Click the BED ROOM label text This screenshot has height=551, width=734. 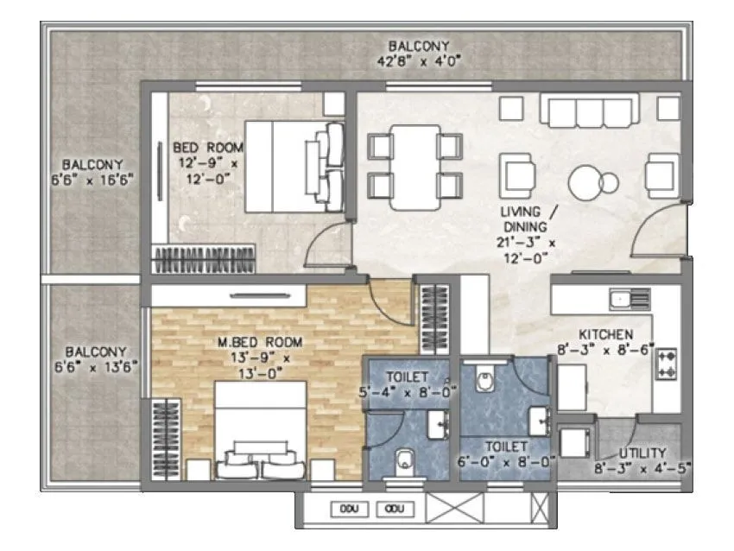click(x=207, y=147)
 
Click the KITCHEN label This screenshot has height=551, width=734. click(x=605, y=334)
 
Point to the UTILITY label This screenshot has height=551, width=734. click(x=642, y=453)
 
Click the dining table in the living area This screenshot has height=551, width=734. click(x=414, y=166)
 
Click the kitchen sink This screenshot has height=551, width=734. click(x=629, y=300)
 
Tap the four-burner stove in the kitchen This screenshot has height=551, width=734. click(x=668, y=364)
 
